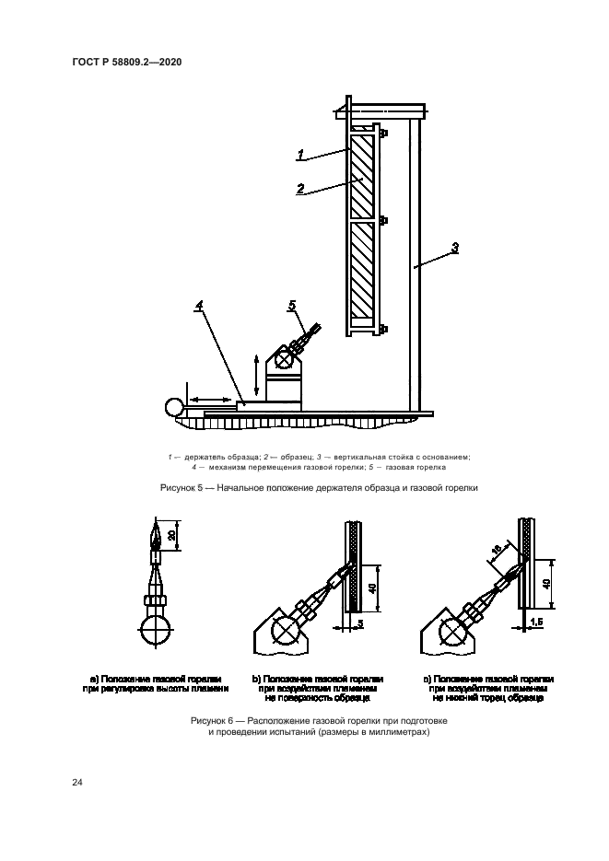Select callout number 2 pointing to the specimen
tap(300, 188)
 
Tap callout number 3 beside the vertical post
tap(455, 247)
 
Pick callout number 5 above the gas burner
tap(293, 304)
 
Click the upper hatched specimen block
tap(362, 176)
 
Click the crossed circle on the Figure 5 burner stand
tap(285, 364)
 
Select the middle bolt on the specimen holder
tap(382, 221)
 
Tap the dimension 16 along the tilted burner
tap(495, 550)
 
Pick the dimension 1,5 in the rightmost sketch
tap(537, 623)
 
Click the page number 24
tap(78, 782)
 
